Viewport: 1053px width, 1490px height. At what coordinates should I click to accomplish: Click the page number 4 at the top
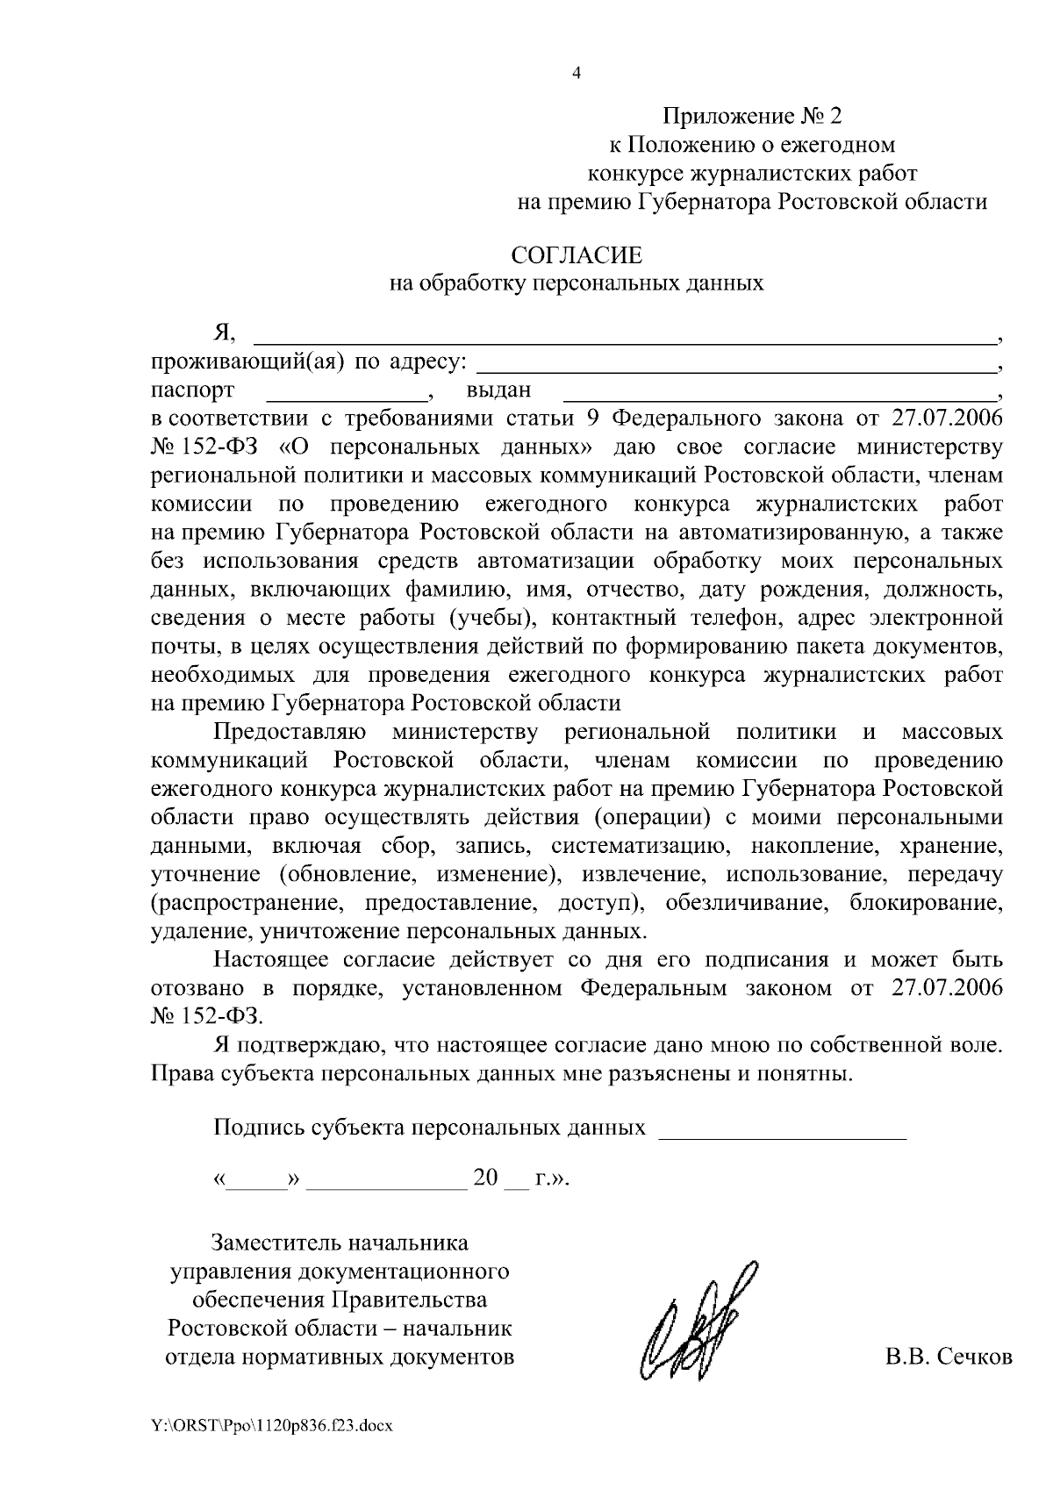pos(576,74)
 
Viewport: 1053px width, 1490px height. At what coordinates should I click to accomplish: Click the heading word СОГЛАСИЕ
pos(577,255)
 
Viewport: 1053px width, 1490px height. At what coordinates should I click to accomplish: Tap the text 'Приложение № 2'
pos(752,116)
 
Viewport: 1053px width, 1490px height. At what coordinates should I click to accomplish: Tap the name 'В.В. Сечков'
pos(948,1357)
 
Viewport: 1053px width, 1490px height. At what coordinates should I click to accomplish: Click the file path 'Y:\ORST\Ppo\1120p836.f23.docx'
pos(272,1426)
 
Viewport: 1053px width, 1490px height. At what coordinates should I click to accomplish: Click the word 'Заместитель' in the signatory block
pos(276,1243)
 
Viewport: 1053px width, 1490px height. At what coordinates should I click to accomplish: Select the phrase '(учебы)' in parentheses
pos(487,618)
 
